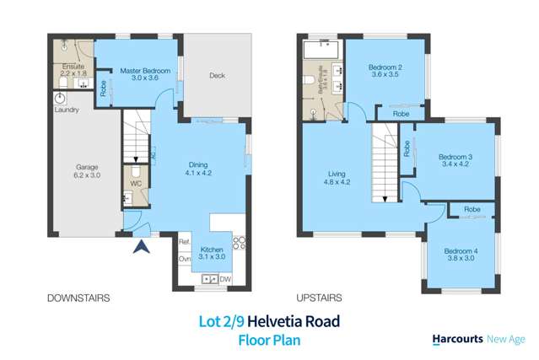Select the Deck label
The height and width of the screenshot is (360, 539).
(x=217, y=76)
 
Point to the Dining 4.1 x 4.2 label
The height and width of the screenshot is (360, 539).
(x=198, y=170)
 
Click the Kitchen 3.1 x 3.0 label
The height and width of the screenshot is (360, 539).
(x=212, y=252)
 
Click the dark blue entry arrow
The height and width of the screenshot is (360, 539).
(x=143, y=247)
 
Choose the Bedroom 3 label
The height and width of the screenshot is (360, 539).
(x=455, y=161)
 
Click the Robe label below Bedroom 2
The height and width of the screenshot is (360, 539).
(x=402, y=113)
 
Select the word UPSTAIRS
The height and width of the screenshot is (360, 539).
(x=319, y=298)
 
